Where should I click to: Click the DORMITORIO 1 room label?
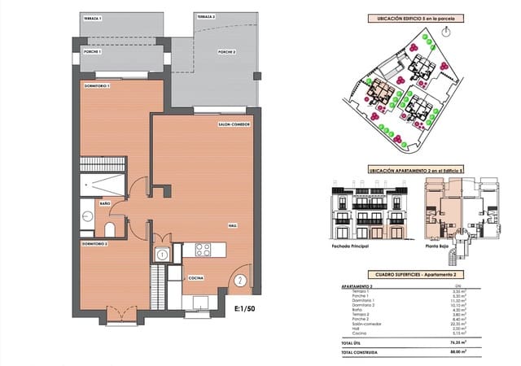[97, 85]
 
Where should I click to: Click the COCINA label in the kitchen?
[195, 278]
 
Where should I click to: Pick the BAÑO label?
[105, 203]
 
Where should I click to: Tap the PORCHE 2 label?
[226, 52]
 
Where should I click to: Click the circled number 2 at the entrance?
[240, 282]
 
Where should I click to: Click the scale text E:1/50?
[244, 309]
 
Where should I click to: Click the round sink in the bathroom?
[87, 216]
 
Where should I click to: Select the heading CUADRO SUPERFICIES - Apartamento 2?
[415, 276]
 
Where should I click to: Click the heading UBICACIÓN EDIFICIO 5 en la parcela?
[415, 17]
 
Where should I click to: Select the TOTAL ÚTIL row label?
[353, 343]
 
